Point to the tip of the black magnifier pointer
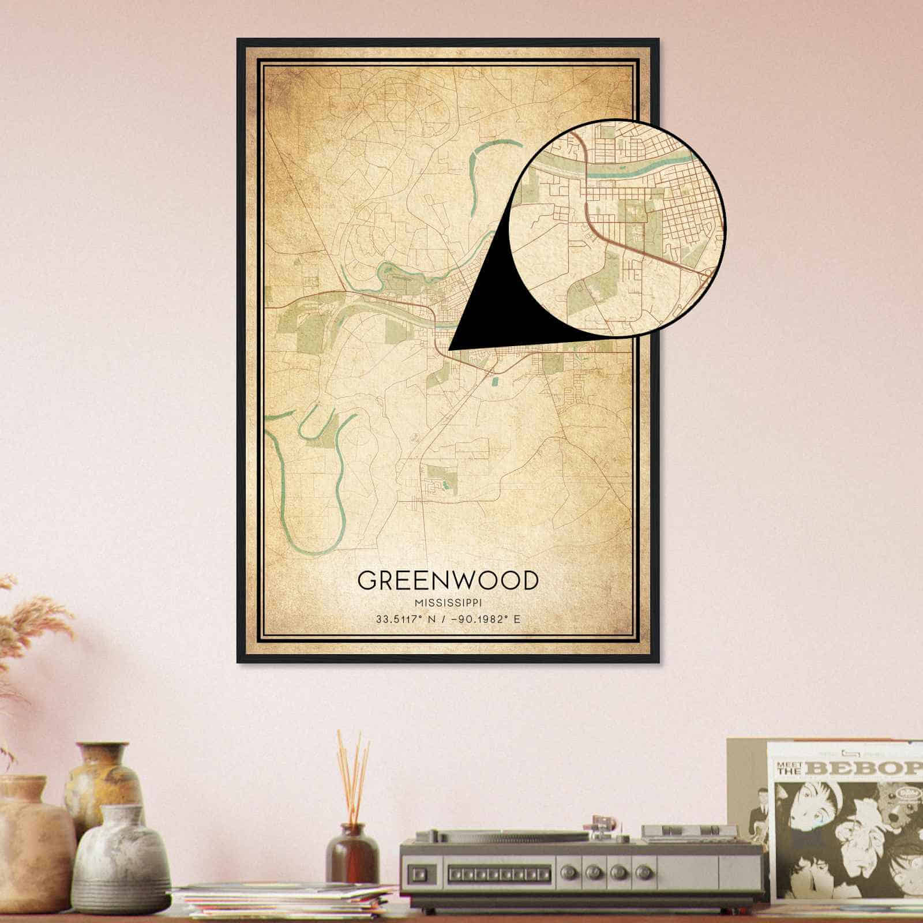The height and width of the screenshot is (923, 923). click(x=449, y=349)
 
